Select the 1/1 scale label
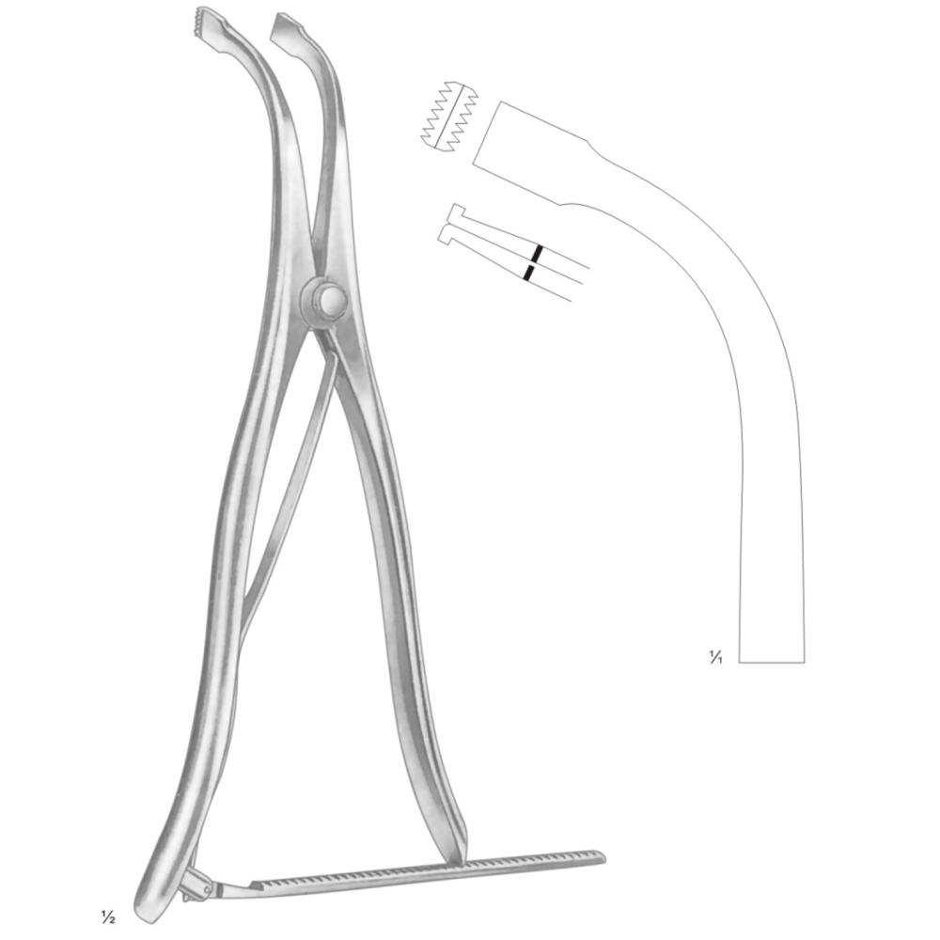tap(715, 658)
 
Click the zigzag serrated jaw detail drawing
tap(449, 116)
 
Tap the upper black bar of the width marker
tap(537, 255)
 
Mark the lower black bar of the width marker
tap(528, 274)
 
